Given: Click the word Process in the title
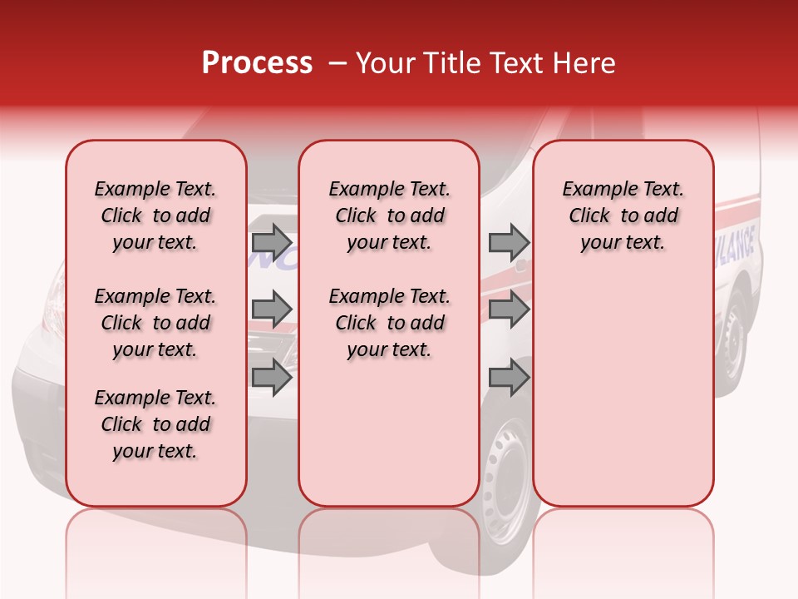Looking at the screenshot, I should tap(257, 63).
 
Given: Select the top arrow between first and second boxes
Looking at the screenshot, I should tap(272, 242).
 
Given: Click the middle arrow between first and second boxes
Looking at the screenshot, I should tap(272, 309).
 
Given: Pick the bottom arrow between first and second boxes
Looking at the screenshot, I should tap(272, 377).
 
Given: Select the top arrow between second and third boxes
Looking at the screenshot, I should tap(509, 242).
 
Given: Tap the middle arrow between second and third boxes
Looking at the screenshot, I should tap(509, 309).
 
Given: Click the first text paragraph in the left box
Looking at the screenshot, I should tap(155, 215).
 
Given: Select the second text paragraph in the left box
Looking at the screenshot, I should tap(155, 323).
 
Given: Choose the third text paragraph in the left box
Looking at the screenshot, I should tap(155, 424).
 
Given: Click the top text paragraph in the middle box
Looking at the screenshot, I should tap(389, 215).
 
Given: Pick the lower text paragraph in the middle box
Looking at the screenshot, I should tap(389, 323).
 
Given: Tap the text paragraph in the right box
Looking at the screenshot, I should tap(623, 215).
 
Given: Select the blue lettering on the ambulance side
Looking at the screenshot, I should tap(736, 248).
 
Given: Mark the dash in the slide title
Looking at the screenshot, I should tap(338, 64).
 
